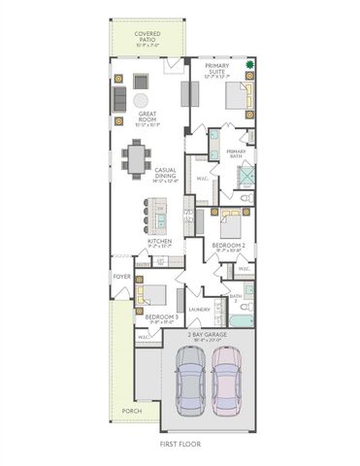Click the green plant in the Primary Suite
pos(249,67)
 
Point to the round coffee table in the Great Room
pos(143,100)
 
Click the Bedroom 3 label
pos(159,316)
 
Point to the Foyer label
pos(121,277)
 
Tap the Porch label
pos(130,411)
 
